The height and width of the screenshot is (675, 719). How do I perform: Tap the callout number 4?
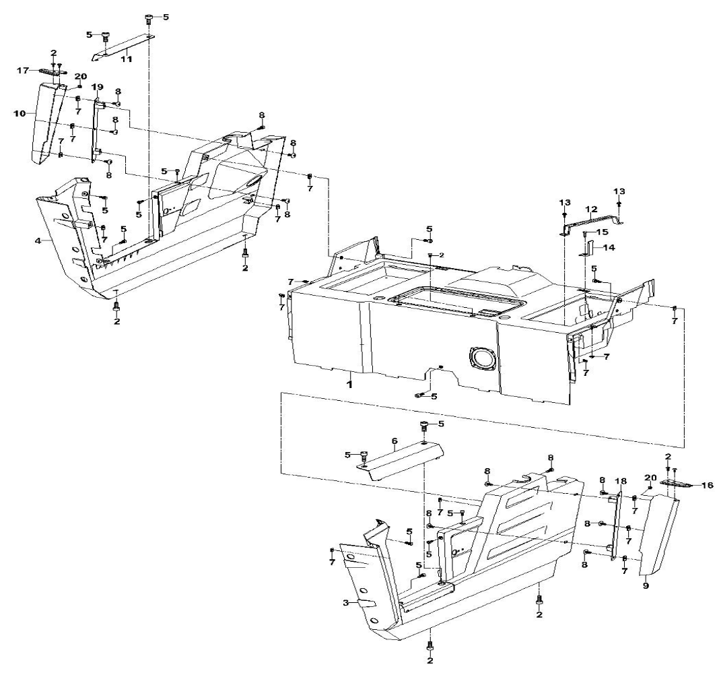pos(38,240)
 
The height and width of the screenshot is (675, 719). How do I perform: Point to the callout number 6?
pos(394,441)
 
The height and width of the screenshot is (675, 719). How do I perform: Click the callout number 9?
pos(646,586)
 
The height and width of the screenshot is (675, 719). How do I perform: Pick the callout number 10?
pos(20,113)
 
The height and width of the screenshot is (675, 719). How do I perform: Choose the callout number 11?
pos(127,59)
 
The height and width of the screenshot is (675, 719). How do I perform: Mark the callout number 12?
pos(592,210)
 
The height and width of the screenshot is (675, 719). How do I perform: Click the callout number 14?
pos(609,248)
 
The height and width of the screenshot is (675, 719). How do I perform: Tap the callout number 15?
pos(602,231)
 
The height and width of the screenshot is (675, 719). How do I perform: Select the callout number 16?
pos(708,484)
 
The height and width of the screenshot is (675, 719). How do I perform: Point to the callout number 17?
pos(23,70)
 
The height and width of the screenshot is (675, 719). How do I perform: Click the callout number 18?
pos(621,481)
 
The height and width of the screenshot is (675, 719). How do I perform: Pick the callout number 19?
pos(98,87)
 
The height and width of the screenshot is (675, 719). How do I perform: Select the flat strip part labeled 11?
pos(123,47)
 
